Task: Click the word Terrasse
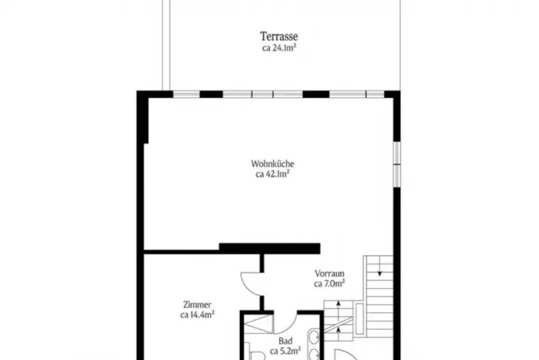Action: click(x=279, y=36)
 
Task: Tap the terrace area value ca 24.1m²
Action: click(x=279, y=48)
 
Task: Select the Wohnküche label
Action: click(x=272, y=163)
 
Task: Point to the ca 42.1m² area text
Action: click(x=272, y=174)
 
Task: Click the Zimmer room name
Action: click(x=197, y=304)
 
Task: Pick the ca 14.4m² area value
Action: click(x=197, y=315)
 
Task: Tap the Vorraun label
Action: click(x=330, y=274)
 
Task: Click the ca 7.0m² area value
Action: click(x=330, y=284)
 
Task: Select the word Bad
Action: click(x=285, y=341)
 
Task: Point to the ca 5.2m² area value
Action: click(x=285, y=351)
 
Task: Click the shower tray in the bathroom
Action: click(x=258, y=324)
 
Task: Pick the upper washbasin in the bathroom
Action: click(x=314, y=336)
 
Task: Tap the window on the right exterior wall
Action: click(x=396, y=164)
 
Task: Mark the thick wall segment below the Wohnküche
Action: click(x=269, y=248)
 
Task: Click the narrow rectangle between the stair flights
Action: click(x=359, y=318)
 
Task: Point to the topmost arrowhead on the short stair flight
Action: click(x=339, y=303)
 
